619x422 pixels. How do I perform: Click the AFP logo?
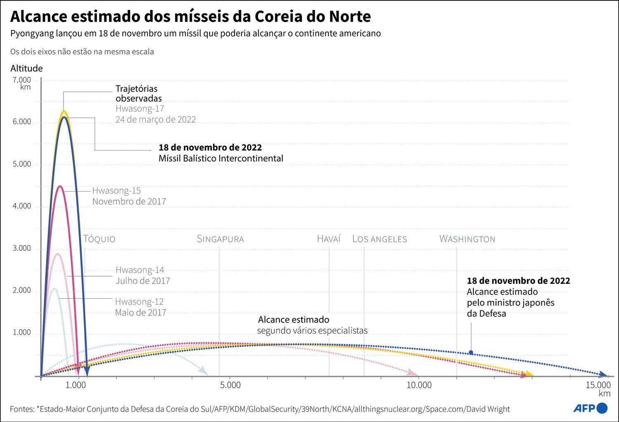[591, 408]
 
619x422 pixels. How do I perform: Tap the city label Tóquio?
[99, 239]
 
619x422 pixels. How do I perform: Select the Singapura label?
[220, 239]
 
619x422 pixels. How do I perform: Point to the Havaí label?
[329, 239]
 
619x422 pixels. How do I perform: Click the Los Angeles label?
[380, 239]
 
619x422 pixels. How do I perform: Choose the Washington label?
[467, 239]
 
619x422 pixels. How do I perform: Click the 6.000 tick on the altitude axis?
[22, 122]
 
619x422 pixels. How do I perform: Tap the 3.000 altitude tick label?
[22, 249]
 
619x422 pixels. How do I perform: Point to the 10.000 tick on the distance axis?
[419, 385]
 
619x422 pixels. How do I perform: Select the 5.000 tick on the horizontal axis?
[231, 385]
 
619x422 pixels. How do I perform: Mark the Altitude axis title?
[26, 69]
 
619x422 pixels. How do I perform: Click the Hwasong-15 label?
[116, 191]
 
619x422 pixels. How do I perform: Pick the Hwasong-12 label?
[139, 302]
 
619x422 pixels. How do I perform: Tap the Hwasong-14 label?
[140, 270]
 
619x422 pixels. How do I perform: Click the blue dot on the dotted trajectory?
[471, 353]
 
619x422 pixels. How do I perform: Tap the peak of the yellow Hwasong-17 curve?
[64, 111]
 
